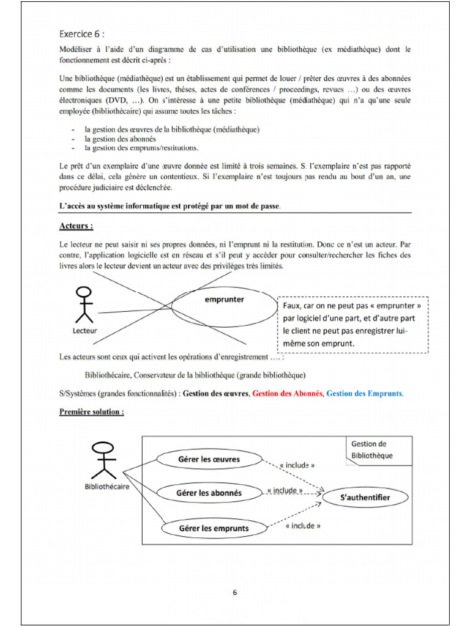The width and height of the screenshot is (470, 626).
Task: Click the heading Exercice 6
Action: (x=86, y=34)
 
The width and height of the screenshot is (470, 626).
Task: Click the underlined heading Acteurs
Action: (x=76, y=226)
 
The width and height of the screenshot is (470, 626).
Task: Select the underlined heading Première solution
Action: (x=92, y=412)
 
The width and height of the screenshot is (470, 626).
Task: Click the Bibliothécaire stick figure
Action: (x=103, y=459)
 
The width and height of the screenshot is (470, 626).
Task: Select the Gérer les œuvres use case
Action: (x=209, y=459)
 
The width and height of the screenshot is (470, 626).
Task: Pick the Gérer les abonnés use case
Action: (x=209, y=493)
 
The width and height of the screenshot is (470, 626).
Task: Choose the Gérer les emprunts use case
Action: (x=214, y=528)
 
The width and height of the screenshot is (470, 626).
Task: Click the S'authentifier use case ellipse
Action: (x=365, y=498)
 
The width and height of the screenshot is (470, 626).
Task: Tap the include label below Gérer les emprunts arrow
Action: (x=302, y=526)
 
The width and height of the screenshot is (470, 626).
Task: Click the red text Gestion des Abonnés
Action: (x=287, y=394)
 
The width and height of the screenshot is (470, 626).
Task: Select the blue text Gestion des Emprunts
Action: (x=365, y=394)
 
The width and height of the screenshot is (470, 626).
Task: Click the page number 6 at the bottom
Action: (x=234, y=592)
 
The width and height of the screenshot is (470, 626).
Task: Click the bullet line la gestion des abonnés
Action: (x=120, y=139)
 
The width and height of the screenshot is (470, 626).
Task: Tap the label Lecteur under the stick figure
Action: (x=84, y=331)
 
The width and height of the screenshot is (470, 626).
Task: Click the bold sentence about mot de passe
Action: (x=170, y=206)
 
